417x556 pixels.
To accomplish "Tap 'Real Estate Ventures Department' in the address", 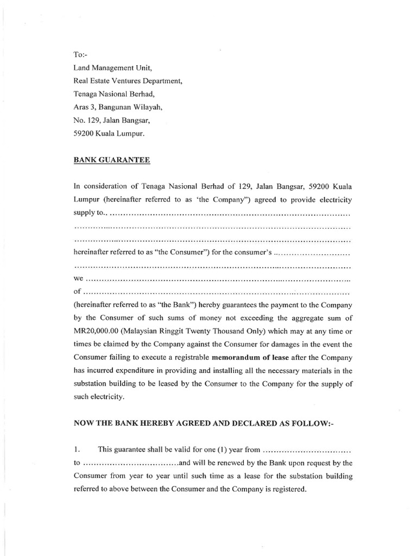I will (x=128, y=81).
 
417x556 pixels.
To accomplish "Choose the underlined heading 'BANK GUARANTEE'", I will (x=112, y=160).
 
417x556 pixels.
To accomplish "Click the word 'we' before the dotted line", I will (x=78, y=279).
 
